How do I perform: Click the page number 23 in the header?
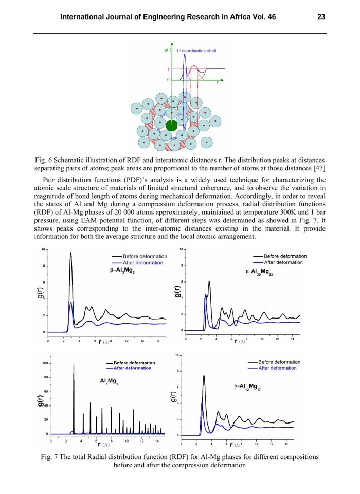pos(321,17)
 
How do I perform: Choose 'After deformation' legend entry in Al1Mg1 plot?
pos(132,368)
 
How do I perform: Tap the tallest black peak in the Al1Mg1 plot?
pos(74,365)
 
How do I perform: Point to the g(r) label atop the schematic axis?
pos(168,50)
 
